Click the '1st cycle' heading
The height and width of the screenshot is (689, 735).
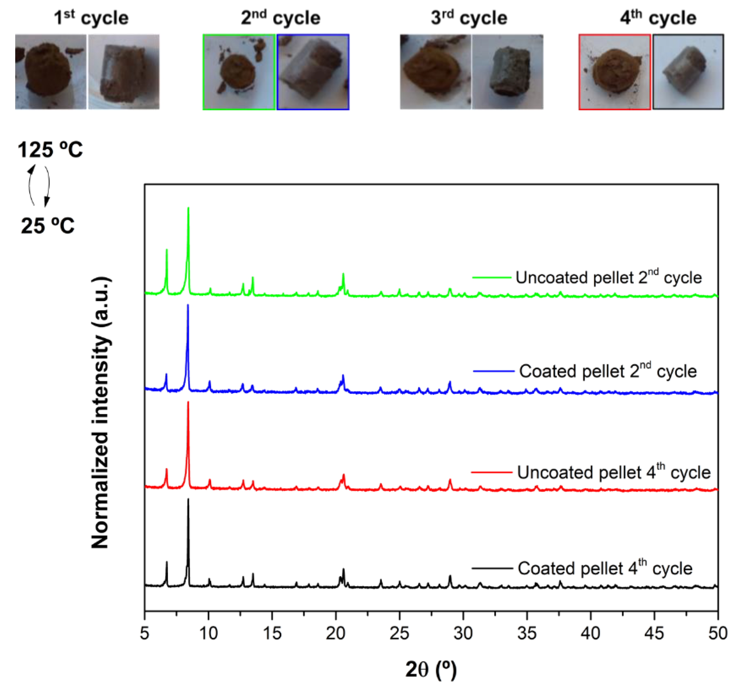click(91, 18)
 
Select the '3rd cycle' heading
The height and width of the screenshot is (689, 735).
click(469, 18)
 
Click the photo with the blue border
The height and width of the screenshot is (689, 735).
click(313, 72)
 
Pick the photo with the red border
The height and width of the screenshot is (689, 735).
click(615, 72)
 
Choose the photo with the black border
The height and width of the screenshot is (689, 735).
click(688, 72)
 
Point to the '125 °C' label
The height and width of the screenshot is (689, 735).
click(50, 150)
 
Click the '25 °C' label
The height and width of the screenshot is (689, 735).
click(47, 225)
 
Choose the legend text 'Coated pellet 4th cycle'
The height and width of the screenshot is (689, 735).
click(605, 568)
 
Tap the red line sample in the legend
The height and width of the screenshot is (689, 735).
click(491, 472)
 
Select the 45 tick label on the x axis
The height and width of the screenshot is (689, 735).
click(654, 633)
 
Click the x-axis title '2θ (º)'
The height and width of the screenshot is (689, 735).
click(431, 669)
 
